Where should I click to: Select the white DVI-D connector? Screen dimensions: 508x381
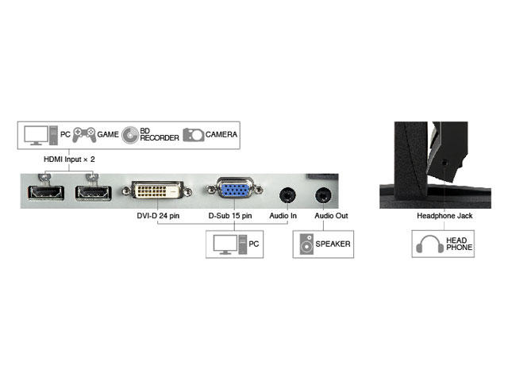click(157, 190)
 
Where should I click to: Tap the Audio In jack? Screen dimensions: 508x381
click(287, 195)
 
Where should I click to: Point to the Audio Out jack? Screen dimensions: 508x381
click(323, 195)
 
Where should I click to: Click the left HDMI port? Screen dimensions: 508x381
click(46, 192)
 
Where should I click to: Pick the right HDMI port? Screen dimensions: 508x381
click(94, 193)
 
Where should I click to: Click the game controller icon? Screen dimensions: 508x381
click(84, 134)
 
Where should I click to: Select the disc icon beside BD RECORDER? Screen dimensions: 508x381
click(130, 135)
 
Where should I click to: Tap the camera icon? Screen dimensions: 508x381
click(194, 135)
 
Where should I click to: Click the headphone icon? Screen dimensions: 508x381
click(430, 244)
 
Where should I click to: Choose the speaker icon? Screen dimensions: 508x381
click(306, 244)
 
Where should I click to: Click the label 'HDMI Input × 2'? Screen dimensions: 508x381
click(69, 160)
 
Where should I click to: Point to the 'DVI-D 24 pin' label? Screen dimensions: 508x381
click(158, 216)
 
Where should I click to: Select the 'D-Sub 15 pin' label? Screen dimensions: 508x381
click(230, 216)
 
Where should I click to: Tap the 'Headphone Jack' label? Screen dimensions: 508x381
click(444, 216)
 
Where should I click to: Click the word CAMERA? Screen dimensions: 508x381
click(221, 134)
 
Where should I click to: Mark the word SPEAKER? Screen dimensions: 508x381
click(333, 244)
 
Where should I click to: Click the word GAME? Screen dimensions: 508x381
click(108, 134)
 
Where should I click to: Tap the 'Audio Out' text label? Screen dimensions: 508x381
click(331, 216)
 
